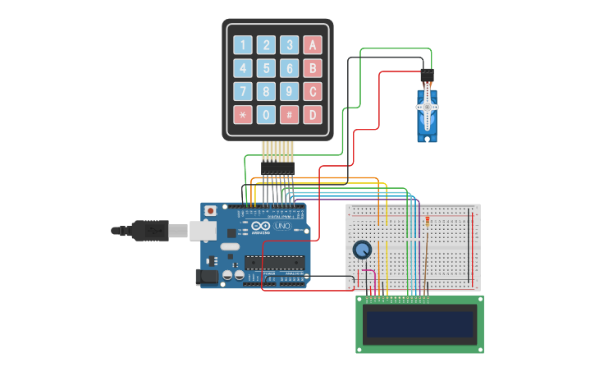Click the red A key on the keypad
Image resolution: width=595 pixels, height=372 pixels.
[x=312, y=45]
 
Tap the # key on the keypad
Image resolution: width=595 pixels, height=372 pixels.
[x=289, y=114]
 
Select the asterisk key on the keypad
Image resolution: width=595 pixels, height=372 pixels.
[x=242, y=114]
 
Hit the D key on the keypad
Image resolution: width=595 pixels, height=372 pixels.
[x=312, y=114]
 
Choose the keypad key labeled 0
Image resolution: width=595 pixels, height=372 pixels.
[x=265, y=114]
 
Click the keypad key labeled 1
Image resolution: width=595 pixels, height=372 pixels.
[x=242, y=45]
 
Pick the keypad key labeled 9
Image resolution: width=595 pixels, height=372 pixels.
[x=289, y=91]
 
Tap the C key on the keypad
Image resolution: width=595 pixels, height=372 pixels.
[x=312, y=91]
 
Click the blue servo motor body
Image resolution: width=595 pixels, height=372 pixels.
[x=427, y=115]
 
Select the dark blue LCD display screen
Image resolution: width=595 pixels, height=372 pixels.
[x=420, y=326]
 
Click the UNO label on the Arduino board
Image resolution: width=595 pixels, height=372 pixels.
[x=281, y=226]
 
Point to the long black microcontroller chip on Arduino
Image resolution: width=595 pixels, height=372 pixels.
[x=274, y=263]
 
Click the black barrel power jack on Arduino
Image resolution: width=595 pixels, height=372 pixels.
[x=208, y=278]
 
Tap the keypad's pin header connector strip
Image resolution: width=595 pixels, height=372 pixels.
[x=277, y=167]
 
